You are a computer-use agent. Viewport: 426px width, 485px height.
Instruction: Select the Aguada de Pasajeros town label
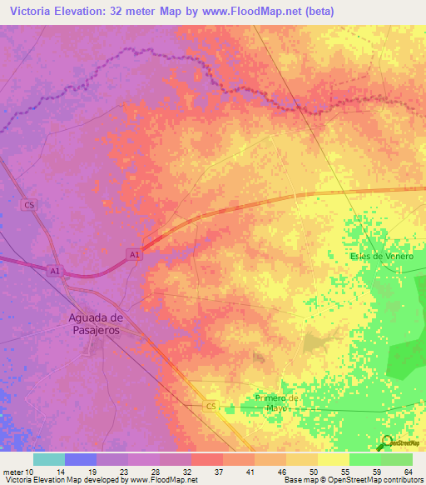(95, 324)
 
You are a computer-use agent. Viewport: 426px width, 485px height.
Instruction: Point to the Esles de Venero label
(382, 257)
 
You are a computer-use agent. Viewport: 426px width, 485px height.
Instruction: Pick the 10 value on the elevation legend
(31, 472)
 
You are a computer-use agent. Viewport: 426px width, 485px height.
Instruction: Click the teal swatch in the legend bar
(49, 459)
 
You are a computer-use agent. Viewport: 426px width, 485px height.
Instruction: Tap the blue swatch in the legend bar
(81, 459)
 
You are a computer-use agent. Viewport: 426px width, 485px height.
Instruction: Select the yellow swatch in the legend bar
(334, 459)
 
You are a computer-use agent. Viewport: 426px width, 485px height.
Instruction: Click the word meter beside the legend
(12, 472)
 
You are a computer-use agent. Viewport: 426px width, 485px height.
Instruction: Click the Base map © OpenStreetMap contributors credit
(353, 480)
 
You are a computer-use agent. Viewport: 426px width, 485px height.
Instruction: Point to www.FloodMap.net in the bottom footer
(164, 480)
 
